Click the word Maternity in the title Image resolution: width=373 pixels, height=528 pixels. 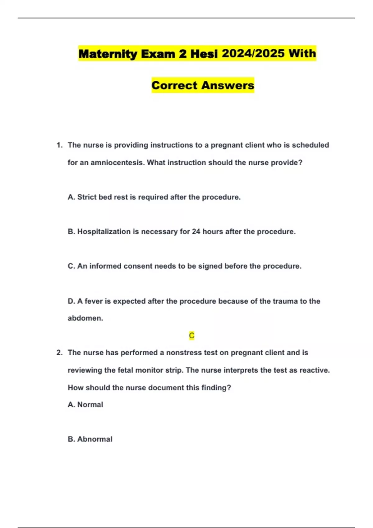click(x=108, y=54)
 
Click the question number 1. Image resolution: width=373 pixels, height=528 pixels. click(x=59, y=145)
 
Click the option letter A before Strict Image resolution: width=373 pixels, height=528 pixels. click(x=71, y=197)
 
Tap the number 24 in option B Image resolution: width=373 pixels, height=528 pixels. click(x=196, y=231)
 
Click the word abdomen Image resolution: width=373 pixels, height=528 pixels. click(x=85, y=318)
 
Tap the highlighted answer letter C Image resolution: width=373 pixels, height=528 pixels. click(x=191, y=335)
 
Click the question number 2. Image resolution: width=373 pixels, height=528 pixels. click(x=59, y=353)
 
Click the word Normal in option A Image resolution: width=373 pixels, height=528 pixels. click(x=90, y=404)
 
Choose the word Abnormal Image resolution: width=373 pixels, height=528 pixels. click(x=94, y=439)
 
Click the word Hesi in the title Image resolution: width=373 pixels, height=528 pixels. click(x=204, y=54)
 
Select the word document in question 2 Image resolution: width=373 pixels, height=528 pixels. click(x=167, y=388)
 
